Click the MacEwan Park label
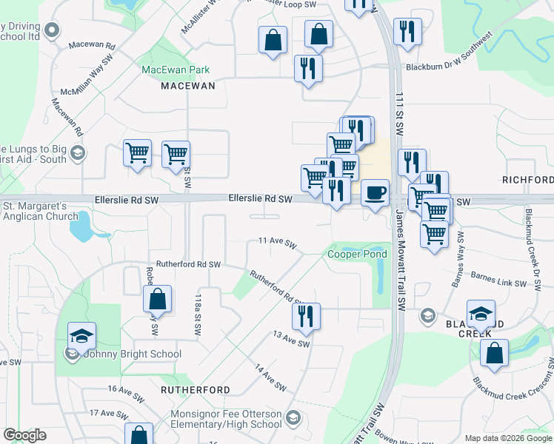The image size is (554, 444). click(x=176, y=70)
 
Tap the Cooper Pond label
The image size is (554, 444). click(x=358, y=255)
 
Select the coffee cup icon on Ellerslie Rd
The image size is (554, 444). click(x=375, y=193)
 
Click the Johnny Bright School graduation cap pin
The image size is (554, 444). click(x=81, y=336)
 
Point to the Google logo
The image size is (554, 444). click(x=24, y=435)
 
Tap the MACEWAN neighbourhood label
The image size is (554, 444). click(x=188, y=86)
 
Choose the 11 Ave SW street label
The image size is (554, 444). click(x=277, y=242)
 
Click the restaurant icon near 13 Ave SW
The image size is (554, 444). click(x=306, y=317)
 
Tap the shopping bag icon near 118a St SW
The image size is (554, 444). click(x=157, y=299)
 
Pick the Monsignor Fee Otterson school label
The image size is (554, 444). click(x=226, y=419)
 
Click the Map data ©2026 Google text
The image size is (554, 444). click(x=507, y=438)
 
